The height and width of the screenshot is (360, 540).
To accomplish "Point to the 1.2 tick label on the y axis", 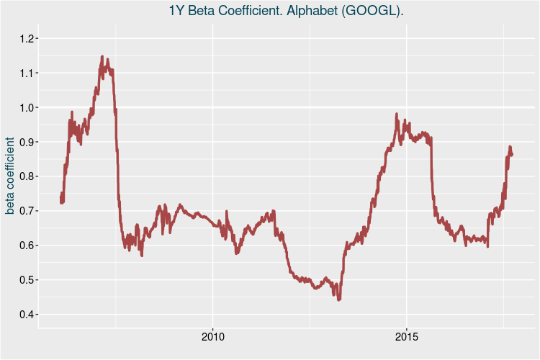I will pos(26,38).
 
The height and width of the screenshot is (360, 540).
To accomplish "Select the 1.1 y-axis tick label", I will pos(26,73).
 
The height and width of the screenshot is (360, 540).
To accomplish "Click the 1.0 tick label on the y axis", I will pos(26,107).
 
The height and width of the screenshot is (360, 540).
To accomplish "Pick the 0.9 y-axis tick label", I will pos(26,142).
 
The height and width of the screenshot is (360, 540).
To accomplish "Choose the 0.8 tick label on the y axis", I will pos(26,176).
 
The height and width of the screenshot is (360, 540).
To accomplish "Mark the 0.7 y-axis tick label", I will pos(26,211).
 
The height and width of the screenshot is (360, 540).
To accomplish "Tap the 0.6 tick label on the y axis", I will pos(26,246).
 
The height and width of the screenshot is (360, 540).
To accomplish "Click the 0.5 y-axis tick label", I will pos(26,280).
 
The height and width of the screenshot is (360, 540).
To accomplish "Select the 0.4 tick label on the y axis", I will pos(26,315).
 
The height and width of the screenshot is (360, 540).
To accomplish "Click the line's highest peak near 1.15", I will pos(102,56).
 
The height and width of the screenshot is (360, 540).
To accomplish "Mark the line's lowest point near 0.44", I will pos(338,300).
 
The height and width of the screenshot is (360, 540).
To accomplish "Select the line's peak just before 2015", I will pos(397,114).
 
